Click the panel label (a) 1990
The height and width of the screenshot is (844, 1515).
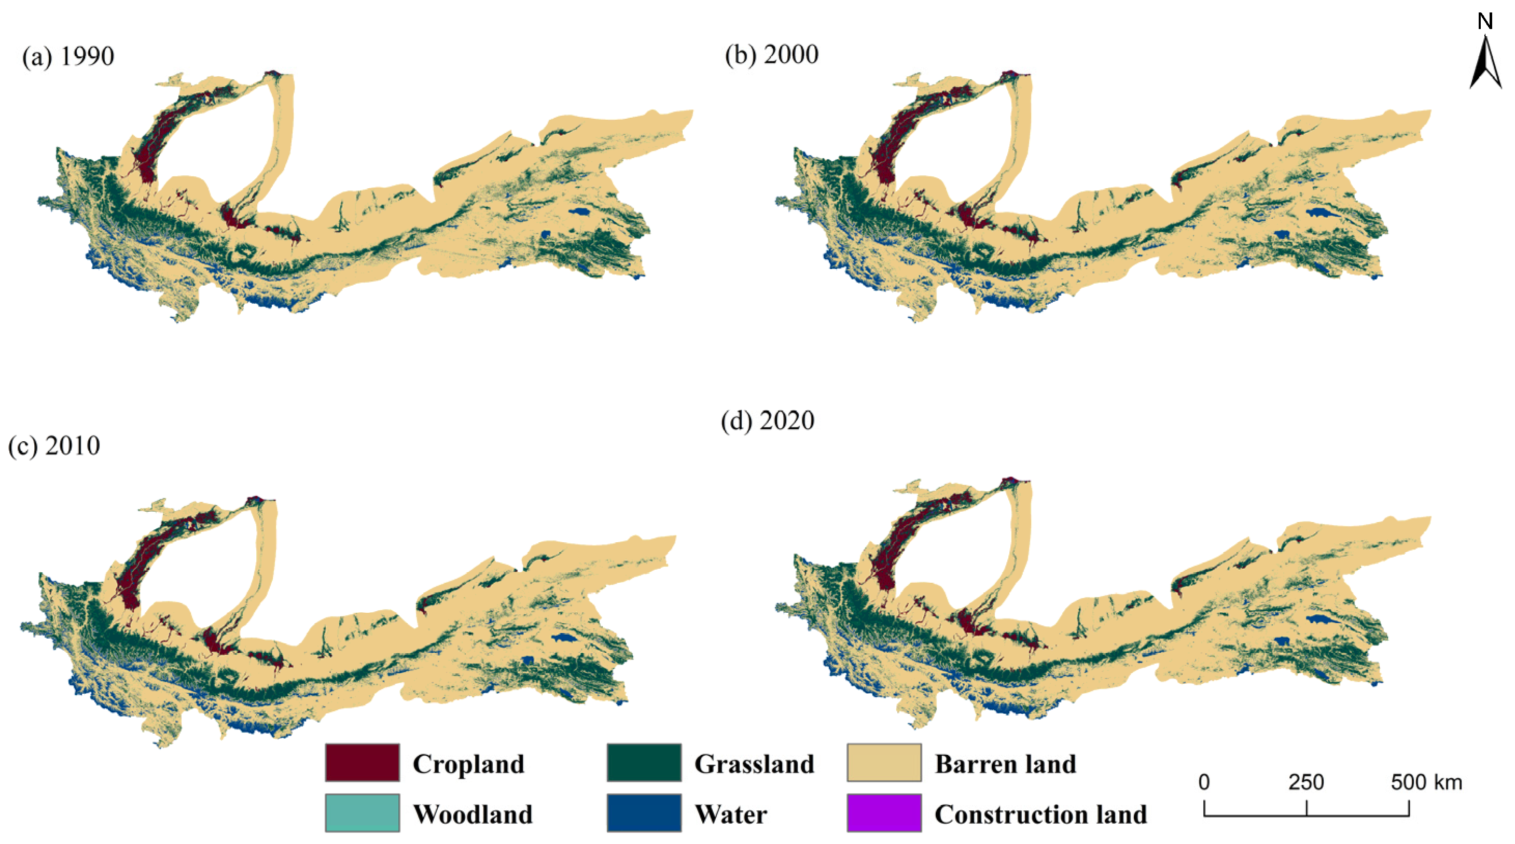pos(68,57)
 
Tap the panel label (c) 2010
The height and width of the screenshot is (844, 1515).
pos(54,446)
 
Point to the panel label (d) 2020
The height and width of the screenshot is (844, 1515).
pos(768,421)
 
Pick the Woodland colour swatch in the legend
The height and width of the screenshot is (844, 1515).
pos(362,813)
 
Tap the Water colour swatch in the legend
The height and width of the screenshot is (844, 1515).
pos(644,813)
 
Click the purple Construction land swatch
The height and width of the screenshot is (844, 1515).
pos(884,813)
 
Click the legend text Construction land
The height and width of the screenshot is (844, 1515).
pos(1040,814)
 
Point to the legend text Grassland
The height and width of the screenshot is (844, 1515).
pos(754,764)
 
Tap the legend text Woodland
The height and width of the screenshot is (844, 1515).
pos(472,814)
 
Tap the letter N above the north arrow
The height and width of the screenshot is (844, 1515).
pos(1485,22)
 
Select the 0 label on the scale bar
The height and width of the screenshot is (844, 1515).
pos(1204,782)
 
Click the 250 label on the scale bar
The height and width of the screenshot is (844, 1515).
pos(1305,782)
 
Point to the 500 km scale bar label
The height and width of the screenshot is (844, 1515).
pos(1426,782)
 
